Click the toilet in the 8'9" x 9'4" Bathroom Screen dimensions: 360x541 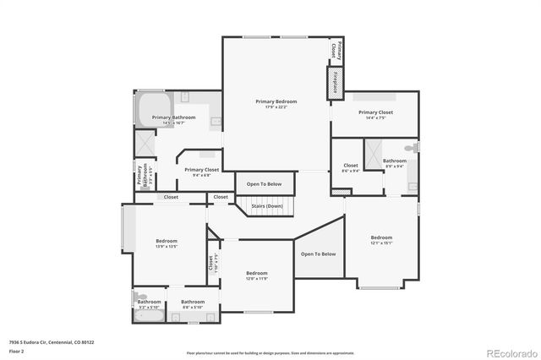click(410, 149)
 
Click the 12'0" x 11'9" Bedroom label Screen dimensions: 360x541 click(257, 275)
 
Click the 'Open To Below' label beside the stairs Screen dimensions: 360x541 click(265, 183)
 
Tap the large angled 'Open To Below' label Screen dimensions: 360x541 click(319, 254)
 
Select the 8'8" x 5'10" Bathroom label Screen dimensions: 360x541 click(193, 304)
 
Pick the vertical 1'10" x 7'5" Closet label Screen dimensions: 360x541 click(213, 263)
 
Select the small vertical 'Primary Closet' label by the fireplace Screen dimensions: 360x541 click(335, 50)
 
